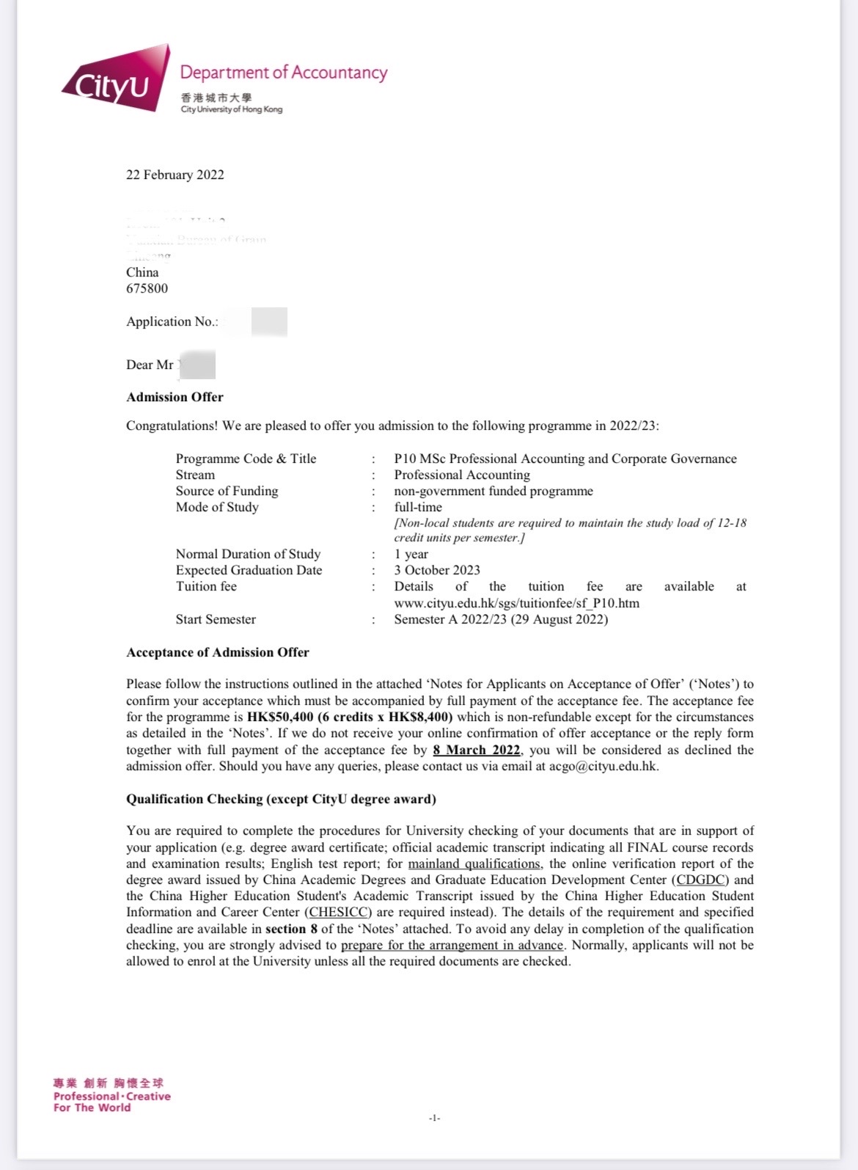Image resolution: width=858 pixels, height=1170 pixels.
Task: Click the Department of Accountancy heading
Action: (283, 72)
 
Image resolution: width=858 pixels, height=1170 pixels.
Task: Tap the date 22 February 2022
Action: (175, 175)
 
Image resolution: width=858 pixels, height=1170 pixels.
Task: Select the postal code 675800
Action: (147, 288)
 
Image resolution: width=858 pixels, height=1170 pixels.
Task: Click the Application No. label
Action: (172, 321)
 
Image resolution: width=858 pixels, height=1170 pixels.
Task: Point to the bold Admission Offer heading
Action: (175, 397)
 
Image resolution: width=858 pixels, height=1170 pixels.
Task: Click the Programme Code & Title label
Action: (246, 458)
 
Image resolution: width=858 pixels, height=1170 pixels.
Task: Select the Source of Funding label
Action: (227, 491)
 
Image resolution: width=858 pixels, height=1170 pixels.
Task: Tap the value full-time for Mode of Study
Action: (418, 507)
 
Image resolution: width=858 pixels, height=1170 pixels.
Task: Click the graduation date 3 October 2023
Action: (437, 570)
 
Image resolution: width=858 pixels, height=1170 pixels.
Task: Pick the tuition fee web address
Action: (516, 603)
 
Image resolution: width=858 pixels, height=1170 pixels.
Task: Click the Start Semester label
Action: (216, 619)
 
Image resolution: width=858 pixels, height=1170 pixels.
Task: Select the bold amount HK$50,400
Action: (280, 717)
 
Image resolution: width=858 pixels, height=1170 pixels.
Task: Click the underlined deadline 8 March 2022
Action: (476, 750)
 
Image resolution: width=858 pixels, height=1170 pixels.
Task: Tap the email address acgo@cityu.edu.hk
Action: (603, 766)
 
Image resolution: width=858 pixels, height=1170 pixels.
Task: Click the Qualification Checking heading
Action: (281, 799)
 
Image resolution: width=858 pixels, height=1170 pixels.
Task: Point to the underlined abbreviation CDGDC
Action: (700, 880)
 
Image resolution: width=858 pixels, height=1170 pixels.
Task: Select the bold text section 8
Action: (291, 929)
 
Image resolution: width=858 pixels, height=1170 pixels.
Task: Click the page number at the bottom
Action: (434, 1118)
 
